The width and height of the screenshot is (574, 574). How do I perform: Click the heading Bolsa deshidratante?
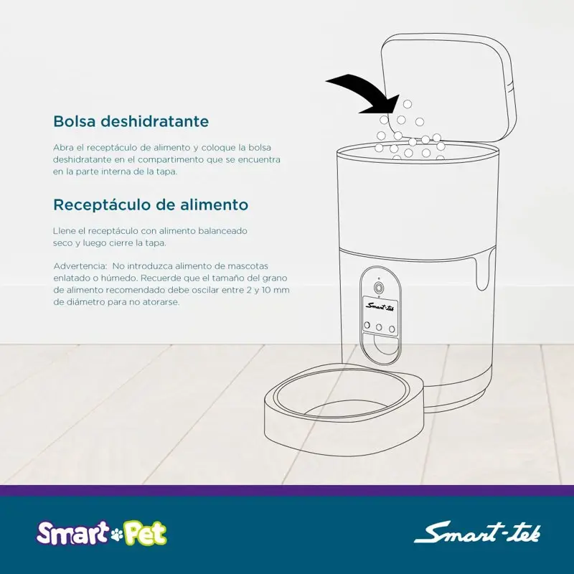[131, 121]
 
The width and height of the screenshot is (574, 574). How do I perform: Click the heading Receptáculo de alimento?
[151, 204]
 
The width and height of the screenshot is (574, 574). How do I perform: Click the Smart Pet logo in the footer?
[101, 533]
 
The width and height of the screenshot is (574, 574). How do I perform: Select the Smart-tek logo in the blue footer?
[477, 533]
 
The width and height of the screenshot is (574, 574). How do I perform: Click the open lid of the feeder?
[448, 88]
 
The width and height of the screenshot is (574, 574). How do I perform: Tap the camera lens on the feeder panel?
[379, 287]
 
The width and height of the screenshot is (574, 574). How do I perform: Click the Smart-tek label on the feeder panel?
[380, 306]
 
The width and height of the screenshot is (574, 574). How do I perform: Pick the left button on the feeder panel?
[367, 325]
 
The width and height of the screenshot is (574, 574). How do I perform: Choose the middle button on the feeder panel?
[380, 327]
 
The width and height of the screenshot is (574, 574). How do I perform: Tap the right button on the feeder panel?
[392, 329]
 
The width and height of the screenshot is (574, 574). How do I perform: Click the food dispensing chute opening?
[380, 345]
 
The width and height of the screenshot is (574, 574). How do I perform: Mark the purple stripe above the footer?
[287, 490]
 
